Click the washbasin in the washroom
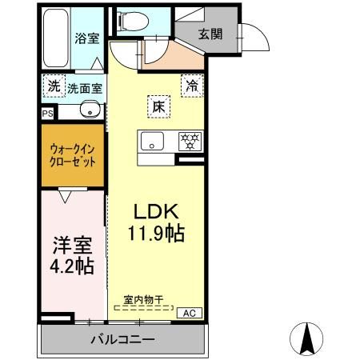coord(90,110)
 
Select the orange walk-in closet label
coord(73,154)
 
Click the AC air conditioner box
coord(190,312)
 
